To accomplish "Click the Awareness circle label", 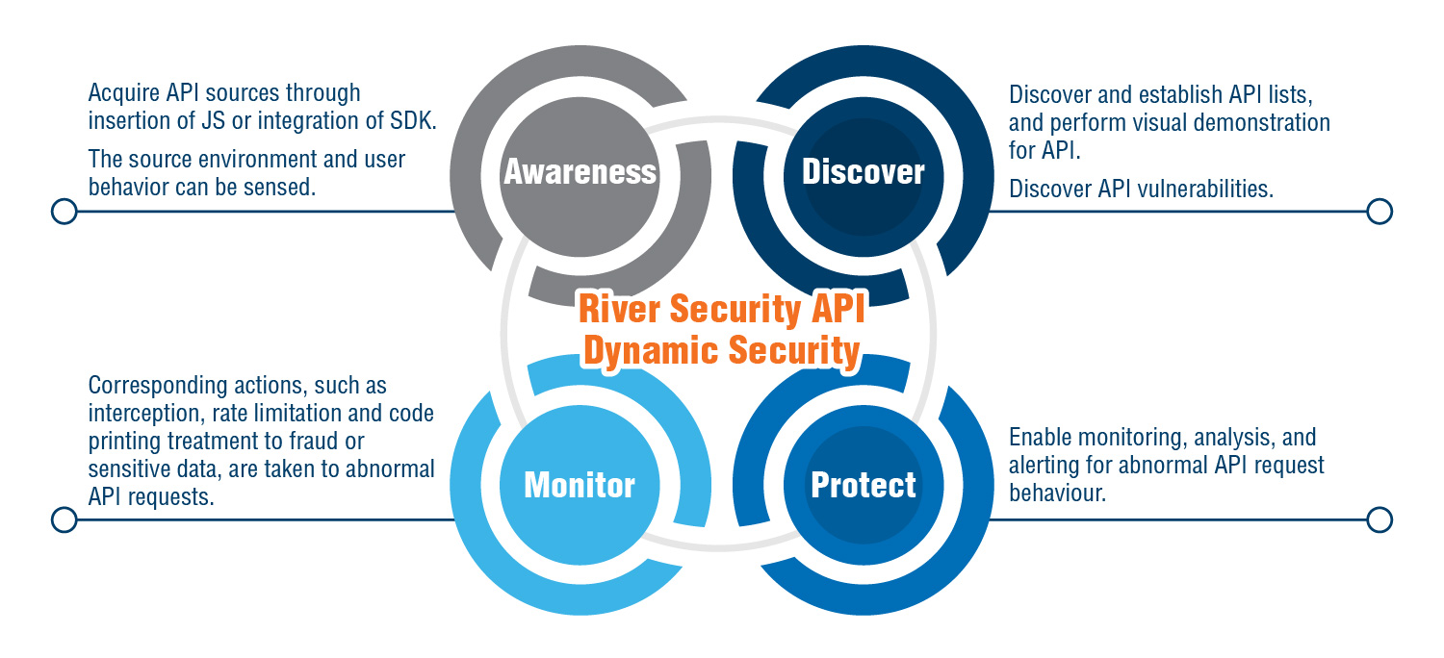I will point(580,172).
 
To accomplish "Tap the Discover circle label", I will point(863,172).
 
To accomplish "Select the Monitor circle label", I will point(580,485).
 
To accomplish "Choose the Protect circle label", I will point(863,485).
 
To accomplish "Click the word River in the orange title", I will point(618,310).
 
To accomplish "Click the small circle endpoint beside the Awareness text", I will point(64,212).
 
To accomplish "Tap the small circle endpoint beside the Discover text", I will point(1380,212).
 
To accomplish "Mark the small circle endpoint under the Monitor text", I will point(64,520).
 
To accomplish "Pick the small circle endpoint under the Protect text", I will point(1380,520).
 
